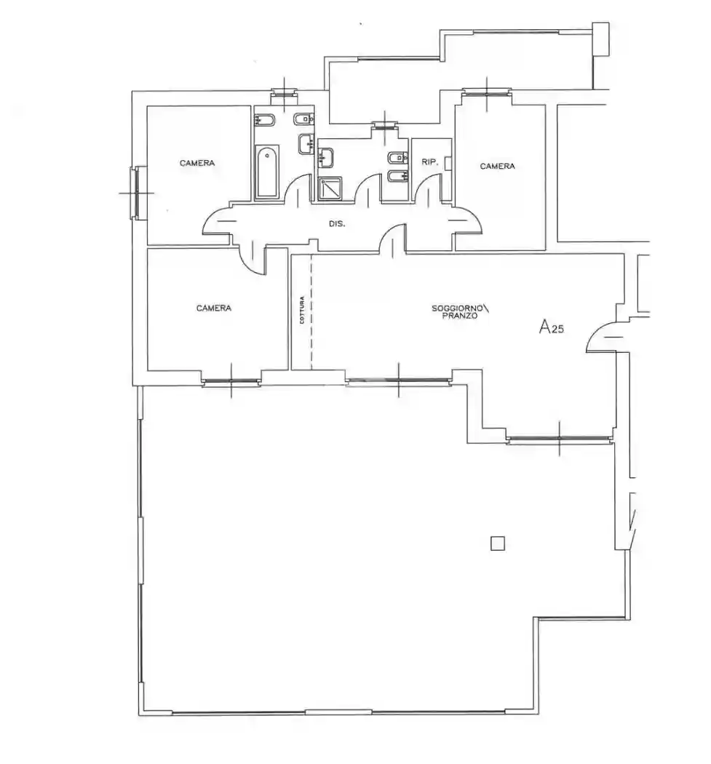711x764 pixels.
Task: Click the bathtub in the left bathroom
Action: (266, 172)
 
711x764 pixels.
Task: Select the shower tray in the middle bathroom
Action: (330, 188)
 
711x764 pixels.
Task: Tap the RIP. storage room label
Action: (430, 162)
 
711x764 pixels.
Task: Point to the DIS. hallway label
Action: (337, 224)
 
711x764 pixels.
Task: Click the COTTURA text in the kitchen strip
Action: (302, 311)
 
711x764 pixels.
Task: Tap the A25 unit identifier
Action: (551, 327)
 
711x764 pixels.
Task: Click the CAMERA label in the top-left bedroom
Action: (197, 163)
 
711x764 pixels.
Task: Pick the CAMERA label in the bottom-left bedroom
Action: (213, 308)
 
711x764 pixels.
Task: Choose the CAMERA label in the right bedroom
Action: (497, 166)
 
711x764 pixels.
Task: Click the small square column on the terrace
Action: (497, 543)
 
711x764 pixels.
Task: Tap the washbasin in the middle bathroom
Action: (325, 157)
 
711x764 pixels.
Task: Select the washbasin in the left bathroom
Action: (306, 144)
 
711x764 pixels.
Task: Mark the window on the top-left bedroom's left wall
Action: (136, 193)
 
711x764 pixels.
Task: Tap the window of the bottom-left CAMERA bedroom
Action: (231, 381)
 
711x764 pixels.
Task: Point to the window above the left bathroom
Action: (284, 92)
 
